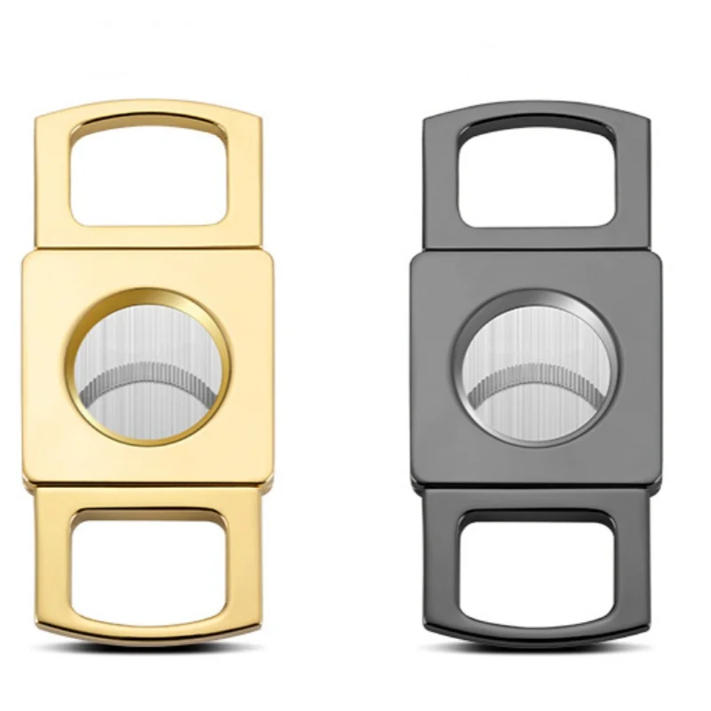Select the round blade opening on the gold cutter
[148, 365]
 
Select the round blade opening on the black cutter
[537, 367]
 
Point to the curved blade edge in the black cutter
[537, 368]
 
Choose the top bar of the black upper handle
[537, 113]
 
